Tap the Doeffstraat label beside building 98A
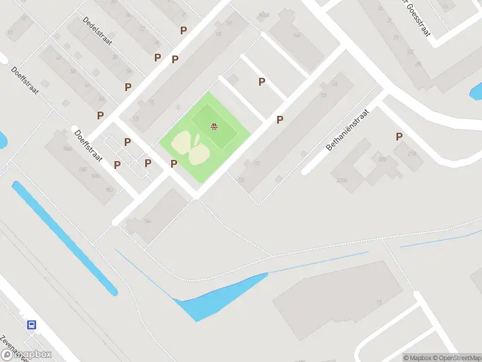tap(88, 145)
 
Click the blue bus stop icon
tap(31, 325)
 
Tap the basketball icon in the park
tap(213, 126)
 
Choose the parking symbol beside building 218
tap(399, 137)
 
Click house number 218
tap(412, 154)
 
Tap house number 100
tap(83, 170)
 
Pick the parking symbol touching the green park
tap(174, 164)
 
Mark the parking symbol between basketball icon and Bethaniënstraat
tap(280, 119)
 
